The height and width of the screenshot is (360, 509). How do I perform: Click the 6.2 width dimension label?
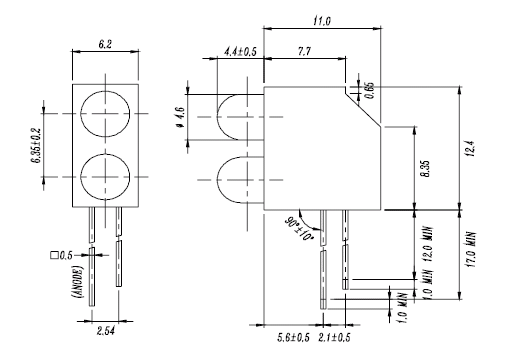[105, 44]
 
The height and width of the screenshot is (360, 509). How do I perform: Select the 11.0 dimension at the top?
[322, 21]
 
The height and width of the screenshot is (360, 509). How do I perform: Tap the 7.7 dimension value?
[304, 52]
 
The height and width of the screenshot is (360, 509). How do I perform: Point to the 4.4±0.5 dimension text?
[240, 52]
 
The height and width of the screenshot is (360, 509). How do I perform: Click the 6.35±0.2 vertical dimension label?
[36, 146]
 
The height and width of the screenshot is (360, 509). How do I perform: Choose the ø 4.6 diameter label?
[180, 117]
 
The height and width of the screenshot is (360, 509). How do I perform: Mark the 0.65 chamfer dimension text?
[370, 90]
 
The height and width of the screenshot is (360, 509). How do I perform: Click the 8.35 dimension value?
[425, 169]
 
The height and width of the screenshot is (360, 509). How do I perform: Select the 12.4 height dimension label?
[471, 149]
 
